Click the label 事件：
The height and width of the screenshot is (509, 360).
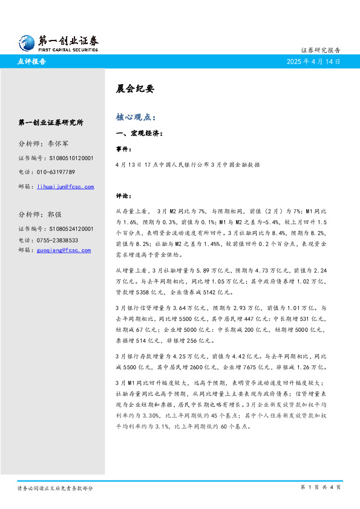124,148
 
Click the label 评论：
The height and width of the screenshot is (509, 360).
124,196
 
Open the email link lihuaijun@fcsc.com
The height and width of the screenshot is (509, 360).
65,187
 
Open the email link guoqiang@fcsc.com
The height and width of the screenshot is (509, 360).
64,250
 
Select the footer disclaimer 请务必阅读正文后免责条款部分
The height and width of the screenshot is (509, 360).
55,487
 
